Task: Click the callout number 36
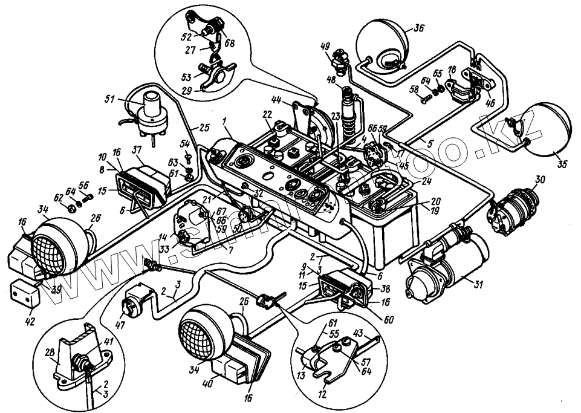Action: pyautogui.click(x=420, y=28)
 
